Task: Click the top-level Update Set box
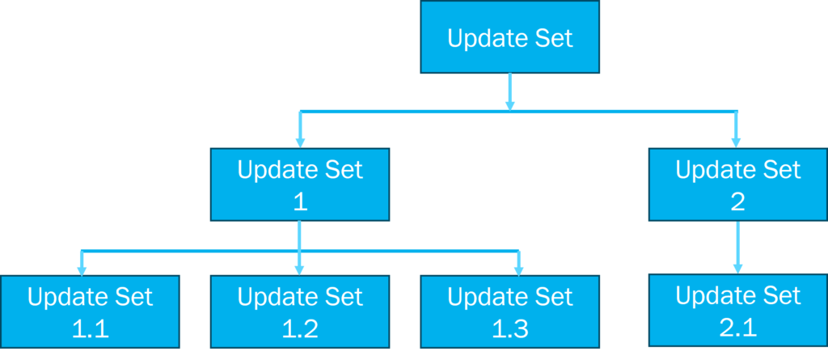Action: click(x=509, y=38)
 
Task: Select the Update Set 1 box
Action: click(x=299, y=184)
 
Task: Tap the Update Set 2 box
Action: click(x=737, y=184)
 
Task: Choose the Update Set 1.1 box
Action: click(x=89, y=312)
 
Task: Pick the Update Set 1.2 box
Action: click(x=299, y=312)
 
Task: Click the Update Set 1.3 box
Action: click(x=509, y=312)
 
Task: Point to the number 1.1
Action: click(x=90, y=329)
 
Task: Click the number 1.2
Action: click(x=300, y=329)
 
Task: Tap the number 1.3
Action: click(x=510, y=329)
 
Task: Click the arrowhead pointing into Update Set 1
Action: click(x=300, y=142)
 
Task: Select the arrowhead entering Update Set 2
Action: click(x=736, y=142)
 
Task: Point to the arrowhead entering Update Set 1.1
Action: click(x=82, y=269)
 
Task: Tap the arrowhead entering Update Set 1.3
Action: click(x=519, y=269)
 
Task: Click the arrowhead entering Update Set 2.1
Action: click(x=737, y=268)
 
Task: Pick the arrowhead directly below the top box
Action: click(x=509, y=103)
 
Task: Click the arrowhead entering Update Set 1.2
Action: click(x=300, y=269)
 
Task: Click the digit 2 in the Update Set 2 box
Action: click(x=737, y=202)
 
